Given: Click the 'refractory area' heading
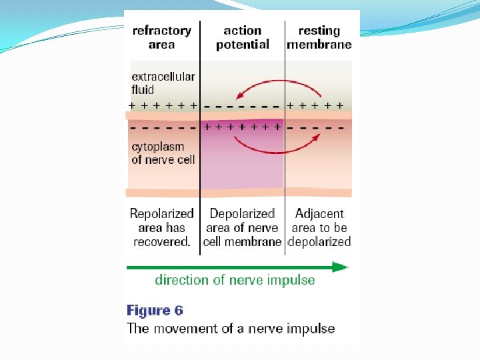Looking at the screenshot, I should tap(162, 37).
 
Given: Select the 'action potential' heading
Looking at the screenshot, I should tap(242, 37).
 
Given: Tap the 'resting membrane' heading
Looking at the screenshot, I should tap(319, 37).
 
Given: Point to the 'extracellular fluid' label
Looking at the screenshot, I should tap(153, 83).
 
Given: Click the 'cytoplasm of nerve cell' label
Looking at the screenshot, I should tap(162, 153).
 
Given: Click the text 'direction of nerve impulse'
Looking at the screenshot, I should tap(235, 279).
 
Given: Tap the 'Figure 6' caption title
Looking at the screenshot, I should tap(155, 311).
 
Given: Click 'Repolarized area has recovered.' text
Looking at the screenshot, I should tap(162, 227).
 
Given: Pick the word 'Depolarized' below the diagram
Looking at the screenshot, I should tap(242, 214).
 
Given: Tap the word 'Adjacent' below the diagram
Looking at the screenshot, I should tap(319, 214).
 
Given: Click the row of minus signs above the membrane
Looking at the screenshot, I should tap(242, 105).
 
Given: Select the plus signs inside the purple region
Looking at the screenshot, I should tap(242, 125).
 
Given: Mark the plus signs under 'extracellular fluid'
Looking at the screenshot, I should tap(163, 105).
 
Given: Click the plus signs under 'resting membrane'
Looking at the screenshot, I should tap(315, 105).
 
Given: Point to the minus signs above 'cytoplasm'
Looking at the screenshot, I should tap(163, 126).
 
